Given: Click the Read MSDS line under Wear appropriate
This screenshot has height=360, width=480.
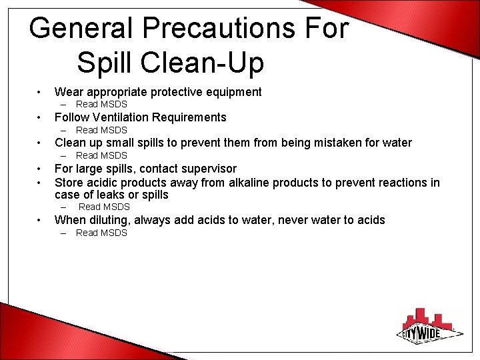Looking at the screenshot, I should [101, 104].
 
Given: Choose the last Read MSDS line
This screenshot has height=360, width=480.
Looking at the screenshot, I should [101, 233].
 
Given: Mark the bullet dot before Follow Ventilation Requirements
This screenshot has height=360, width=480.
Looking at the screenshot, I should [41, 118].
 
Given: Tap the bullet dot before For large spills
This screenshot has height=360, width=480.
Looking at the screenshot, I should [41, 169].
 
